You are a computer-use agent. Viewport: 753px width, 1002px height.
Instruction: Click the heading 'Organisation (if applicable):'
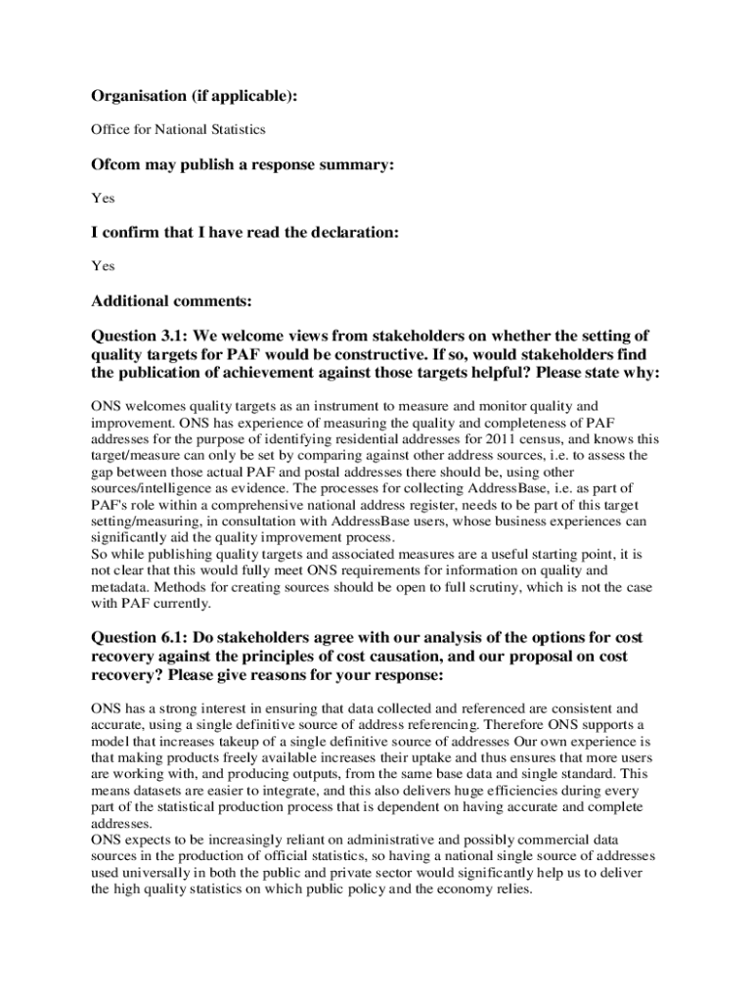[194, 96]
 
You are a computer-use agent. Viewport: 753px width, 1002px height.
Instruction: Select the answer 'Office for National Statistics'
[178, 129]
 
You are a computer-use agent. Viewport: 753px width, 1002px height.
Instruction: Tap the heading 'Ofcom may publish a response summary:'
[243, 165]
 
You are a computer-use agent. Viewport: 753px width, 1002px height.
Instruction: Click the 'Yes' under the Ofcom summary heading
[103, 198]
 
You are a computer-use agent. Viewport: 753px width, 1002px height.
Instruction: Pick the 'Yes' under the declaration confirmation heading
[103, 265]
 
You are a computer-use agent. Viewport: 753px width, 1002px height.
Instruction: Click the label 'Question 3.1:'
[138, 336]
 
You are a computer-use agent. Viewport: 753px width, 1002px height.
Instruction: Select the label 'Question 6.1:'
[138, 638]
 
